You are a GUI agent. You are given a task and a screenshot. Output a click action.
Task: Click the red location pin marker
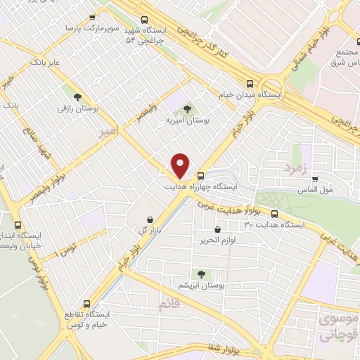click(181, 165)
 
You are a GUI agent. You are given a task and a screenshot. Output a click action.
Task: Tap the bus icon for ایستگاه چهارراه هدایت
click(201, 176)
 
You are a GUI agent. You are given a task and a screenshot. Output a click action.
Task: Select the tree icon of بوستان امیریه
click(187, 109)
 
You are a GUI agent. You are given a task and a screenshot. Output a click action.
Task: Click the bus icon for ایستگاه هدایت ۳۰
click(274, 214)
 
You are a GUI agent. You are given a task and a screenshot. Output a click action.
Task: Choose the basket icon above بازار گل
click(150, 219)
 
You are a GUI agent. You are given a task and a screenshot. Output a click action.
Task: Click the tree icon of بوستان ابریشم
click(201, 274)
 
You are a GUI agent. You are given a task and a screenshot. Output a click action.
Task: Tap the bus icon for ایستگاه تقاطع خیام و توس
click(86, 304)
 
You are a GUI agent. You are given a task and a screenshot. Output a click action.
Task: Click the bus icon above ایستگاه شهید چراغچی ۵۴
click(144, 20)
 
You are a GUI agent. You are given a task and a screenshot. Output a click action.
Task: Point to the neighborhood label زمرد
click(296, 168)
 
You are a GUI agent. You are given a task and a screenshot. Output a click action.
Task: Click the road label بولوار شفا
click(225, 349)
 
